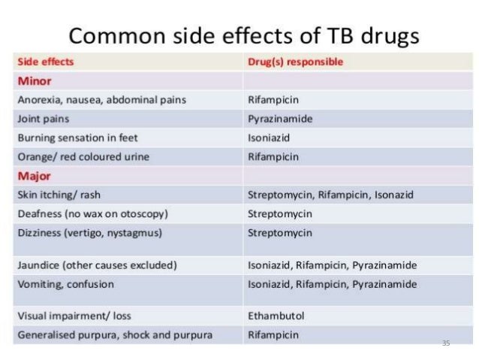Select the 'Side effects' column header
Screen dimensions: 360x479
pos(46,62)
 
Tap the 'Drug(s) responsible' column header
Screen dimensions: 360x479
pos(295,62)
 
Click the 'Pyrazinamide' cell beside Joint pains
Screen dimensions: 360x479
pos(280,119)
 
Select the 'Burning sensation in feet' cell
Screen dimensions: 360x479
pos(77,138)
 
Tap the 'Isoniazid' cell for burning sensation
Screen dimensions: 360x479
pos(269,138)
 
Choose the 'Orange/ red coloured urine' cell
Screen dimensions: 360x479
pos(83,157)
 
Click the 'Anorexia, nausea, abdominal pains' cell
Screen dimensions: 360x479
pos(101,99)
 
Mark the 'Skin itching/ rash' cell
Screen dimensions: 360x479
pos(59,195)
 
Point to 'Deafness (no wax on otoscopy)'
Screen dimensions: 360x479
pos(92,213)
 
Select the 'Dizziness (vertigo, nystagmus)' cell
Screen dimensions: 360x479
pos(89,232)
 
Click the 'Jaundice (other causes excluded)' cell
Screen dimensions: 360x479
pos(97,265)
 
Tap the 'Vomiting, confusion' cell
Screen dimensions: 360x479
pos(65,284)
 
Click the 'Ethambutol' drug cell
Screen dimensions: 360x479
pos(276,316)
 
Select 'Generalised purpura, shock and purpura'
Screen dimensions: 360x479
pos(114,334)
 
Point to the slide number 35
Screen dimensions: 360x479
pos(446,343)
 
